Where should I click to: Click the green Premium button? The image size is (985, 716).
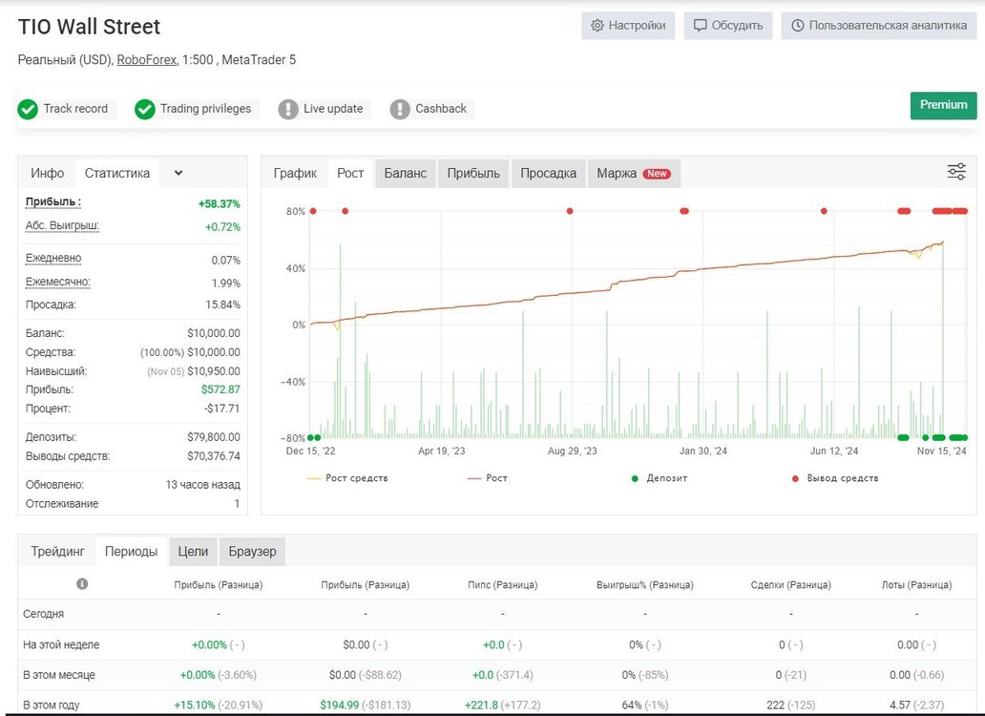click(943, 106)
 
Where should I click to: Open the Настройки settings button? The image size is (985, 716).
click(628, 26)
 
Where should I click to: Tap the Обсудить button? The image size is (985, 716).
click(728, 26)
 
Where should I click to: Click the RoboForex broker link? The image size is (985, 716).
click(146, 59)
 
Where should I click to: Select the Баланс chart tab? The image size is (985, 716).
click(406, 174)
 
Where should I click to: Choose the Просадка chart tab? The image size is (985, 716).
click(549, 174)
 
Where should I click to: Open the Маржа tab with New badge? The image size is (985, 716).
click(634, 174)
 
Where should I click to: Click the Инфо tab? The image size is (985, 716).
click(47, 174)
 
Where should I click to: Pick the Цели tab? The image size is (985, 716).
click(193, 552)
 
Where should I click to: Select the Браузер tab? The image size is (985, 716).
click(252, 552)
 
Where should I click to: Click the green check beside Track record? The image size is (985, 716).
click(28, 109)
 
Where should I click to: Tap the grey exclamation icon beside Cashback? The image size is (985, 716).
click(400, 109)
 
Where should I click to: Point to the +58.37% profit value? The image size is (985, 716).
click(220, 204)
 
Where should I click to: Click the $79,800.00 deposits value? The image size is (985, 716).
click(214, 437)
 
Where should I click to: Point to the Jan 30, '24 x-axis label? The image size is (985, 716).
click(702, 451)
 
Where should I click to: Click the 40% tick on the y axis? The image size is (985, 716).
click(296, 269)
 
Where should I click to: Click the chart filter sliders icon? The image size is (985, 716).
click(956, 172)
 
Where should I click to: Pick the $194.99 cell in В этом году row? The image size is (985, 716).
click(339, 705)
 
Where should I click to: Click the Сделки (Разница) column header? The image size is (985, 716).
click(791, 584)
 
